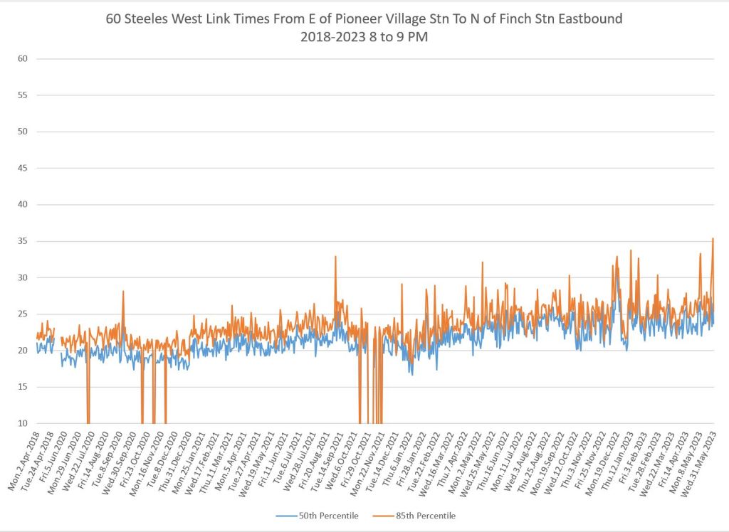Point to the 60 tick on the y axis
22,58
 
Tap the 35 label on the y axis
22,241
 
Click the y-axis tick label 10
22,424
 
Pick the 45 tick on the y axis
22,168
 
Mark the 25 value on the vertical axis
22,314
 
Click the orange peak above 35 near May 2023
713,239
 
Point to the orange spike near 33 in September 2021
335,257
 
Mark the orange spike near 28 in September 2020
123,291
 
